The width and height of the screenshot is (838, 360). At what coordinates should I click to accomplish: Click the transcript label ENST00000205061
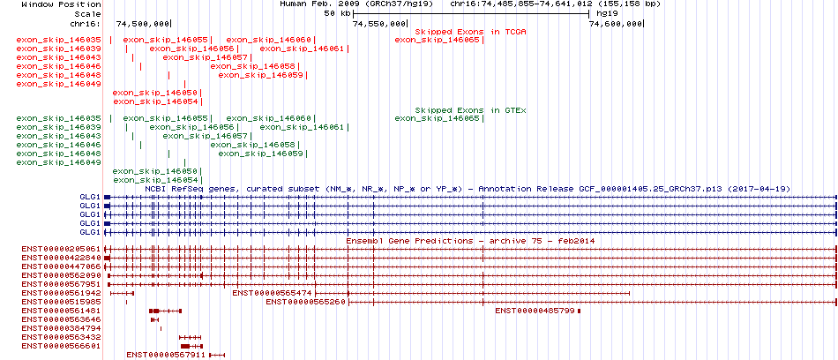tap(61, 250)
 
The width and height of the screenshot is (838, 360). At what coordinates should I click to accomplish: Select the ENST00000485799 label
tap(535, 311)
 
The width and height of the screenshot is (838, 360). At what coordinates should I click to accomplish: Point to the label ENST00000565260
tap(306, 302)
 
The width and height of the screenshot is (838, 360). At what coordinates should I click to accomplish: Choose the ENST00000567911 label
tap(166, 355)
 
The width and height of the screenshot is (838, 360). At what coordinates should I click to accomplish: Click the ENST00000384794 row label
tap(61, 328)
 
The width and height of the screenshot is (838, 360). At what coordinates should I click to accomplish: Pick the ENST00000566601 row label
tap(61, 346)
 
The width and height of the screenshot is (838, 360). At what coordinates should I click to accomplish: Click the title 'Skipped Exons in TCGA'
tap(471, 32)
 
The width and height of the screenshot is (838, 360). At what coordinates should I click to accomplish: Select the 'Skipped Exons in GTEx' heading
tap(471, 110)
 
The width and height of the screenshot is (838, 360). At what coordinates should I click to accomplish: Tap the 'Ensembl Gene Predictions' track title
tap(409, 241)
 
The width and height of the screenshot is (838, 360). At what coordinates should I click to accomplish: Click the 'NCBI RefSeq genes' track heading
tap(186, 190)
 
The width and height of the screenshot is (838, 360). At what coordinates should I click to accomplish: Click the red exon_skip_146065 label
tap(438, 40)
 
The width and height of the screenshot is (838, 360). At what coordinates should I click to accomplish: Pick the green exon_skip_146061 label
tap(303, 127)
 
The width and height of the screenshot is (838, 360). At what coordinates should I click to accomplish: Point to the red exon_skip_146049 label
tap(59, 84)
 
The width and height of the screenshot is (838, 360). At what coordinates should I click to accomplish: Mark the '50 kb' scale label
tap(338, 13)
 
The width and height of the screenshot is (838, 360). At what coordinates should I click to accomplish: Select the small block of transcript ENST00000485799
tap(579, 311)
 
